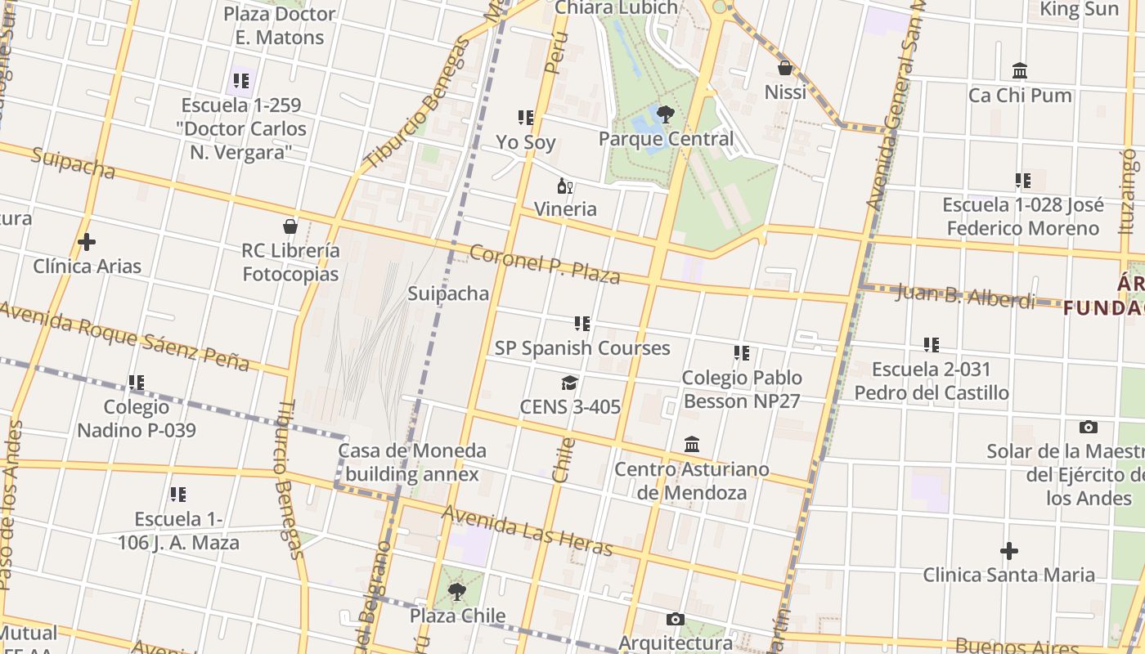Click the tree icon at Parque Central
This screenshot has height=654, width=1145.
[x=665, y=114]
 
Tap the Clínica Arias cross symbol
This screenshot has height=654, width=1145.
[x=86, y=242]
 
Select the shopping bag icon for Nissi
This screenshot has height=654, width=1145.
[x=785, y=68]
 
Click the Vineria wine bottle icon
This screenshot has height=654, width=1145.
[x=564, y=186]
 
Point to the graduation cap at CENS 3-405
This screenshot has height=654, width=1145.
[x=569, y=383]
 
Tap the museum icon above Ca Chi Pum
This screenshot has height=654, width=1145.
[x=1019, y=71]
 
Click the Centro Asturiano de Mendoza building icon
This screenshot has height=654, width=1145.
[x=692, y=444]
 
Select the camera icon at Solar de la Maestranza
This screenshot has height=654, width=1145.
[x=1088, y=427]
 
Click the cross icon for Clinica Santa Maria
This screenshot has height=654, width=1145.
[x=1009, y=551]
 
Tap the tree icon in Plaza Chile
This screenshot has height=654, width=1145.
[x=457, y=591]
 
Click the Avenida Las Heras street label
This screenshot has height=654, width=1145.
[x=527, y=530]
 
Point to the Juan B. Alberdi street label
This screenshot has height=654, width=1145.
[x=965, y=295]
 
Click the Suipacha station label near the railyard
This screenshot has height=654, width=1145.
[x=448, y=293]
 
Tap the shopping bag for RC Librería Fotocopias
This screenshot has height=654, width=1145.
[x=290, y=226]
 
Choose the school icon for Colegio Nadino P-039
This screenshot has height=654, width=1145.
[x=136, y=382]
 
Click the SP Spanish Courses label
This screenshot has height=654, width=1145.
[x=582, y=347]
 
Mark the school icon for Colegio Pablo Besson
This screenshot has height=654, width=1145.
[x=741, y=353]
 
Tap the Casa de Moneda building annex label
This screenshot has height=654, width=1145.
[x=412, y=462]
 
